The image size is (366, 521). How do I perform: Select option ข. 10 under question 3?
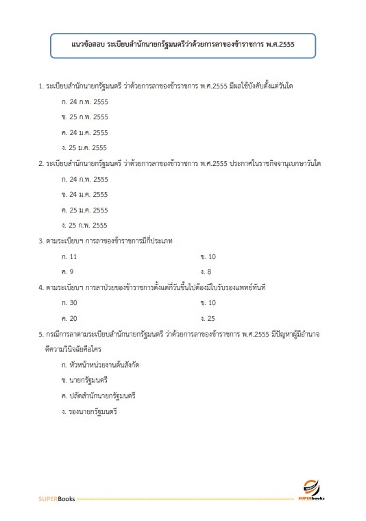[x=208, y=256]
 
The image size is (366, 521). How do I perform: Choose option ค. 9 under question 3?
[x=67, y=271]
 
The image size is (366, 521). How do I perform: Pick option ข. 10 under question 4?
[x=208, y=302]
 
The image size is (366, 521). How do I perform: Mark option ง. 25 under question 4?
[x=208, y=318]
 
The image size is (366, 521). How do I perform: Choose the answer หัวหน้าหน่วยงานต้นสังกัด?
[x=100, y=365]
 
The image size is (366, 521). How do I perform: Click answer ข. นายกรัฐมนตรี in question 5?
[x=85, y=380]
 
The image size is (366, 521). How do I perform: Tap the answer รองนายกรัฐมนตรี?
[x=90, y=411]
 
